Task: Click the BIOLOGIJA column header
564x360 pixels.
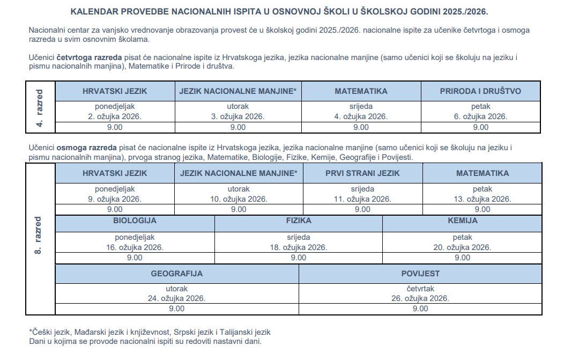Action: pos(135,221)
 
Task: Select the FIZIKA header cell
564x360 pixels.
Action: pos(299,221)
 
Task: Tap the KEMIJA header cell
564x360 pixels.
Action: pos(462,221)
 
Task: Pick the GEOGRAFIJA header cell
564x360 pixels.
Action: pos(176,274)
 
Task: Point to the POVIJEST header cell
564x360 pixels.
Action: pos(420,274)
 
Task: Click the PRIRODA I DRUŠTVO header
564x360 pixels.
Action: pos(480,91)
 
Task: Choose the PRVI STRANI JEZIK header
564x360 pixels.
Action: pos(362,173)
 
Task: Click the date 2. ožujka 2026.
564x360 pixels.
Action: pos(115,116)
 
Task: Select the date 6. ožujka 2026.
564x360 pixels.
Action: pos(480,116)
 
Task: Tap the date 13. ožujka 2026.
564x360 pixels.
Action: pos(483,199)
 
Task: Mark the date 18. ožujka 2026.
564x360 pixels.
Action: pos(299,247)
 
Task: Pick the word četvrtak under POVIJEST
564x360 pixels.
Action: pos(420,289)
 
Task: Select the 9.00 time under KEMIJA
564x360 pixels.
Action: pos(462,258)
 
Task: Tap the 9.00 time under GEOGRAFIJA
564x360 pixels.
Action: pos(176,308)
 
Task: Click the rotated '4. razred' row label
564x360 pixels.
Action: pos(40,107)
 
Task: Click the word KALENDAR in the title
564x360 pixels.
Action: pos(94,11)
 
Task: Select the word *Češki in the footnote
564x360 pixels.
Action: pos(42,332)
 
